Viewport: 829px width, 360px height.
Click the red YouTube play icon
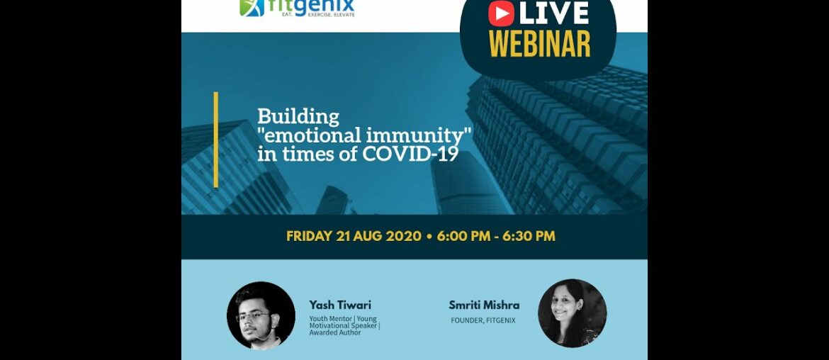tap(502, 13)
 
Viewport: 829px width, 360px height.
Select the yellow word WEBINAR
tap(539, 43)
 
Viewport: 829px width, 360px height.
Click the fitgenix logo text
tap(311, 7)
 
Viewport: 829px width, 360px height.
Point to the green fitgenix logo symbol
tap(252, 7)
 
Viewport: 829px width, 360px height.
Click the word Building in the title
tap(298, 116)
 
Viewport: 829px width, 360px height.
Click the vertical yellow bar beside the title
tap(215, 140)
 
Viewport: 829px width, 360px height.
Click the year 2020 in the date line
tap(403, 236)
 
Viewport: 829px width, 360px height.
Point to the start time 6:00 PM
tap(463, 236)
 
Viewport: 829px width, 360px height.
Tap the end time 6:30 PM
tap(529, 236)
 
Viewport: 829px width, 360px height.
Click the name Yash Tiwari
tap(340, 305)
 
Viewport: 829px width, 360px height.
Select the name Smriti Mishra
tap(484, 305)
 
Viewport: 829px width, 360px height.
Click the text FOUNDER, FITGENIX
tap(483, 320)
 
